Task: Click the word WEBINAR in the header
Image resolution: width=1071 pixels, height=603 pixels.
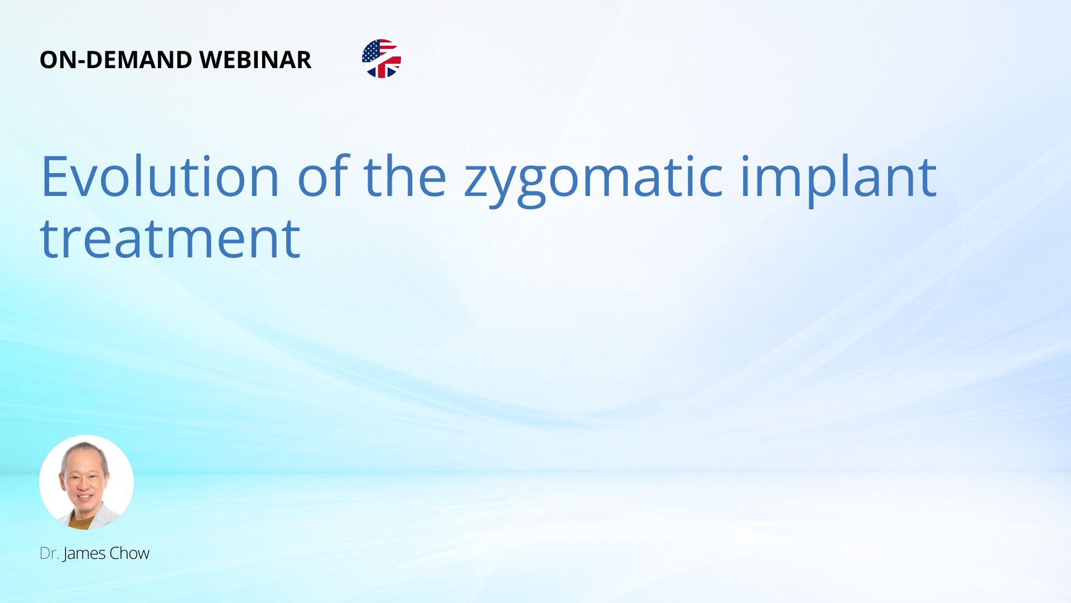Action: (255, 60)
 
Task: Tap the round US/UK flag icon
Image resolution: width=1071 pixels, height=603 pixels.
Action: (382, 59)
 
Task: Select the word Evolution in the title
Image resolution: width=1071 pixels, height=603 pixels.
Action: (160, 176)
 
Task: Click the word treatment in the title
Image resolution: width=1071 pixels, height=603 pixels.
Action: (170, 238)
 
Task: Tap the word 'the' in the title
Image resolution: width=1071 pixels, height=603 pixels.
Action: (405, 176)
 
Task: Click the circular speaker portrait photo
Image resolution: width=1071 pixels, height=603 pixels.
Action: (86, 482)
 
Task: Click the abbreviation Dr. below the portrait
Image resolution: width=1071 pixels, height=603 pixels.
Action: (49, 553)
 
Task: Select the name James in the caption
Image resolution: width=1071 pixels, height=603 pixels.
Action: (84, 554)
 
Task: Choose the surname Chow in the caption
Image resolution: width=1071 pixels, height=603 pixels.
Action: (129, 553)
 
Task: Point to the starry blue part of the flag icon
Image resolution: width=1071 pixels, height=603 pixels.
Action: (370, 51)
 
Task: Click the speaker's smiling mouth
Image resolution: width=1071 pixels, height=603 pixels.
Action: (85, 496)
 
